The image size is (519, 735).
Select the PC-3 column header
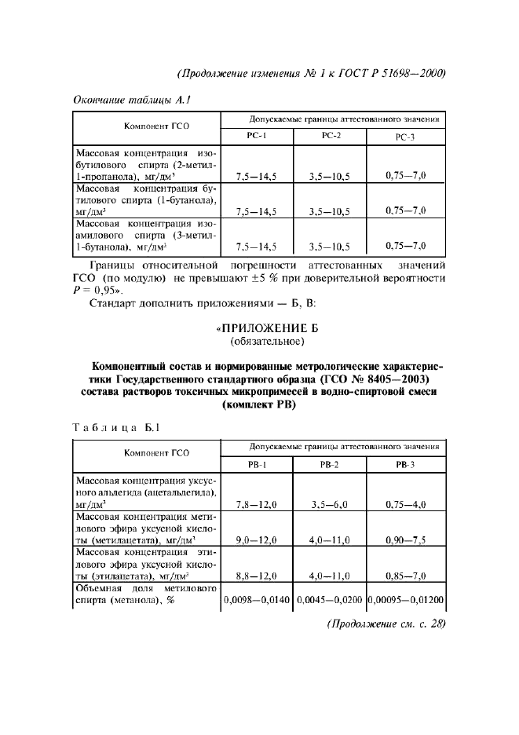[405, 137]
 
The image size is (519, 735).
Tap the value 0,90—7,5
[405, 540]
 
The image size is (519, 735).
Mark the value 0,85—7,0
[405, 576]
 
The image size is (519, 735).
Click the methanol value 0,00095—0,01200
[406, 600]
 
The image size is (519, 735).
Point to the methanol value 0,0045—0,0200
[330, 600]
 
